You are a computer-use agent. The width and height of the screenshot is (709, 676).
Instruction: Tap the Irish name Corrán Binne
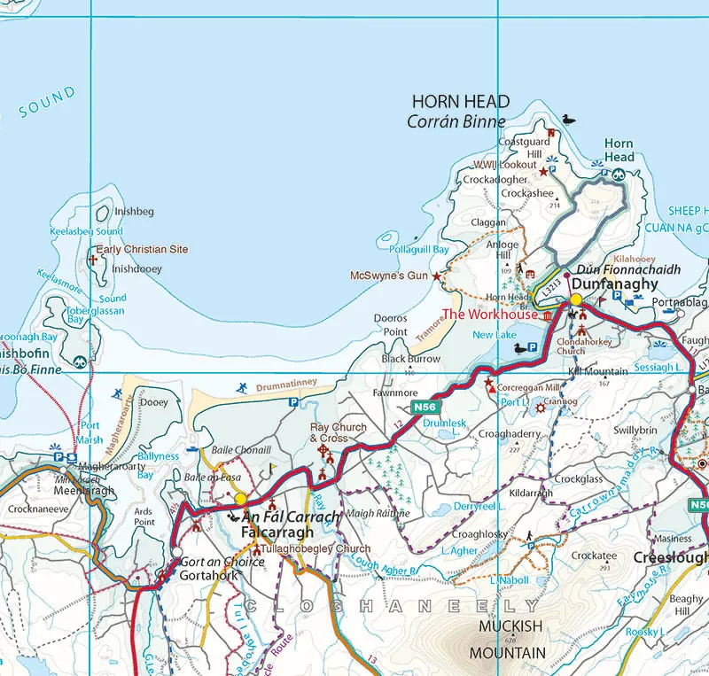[x=456, y=122]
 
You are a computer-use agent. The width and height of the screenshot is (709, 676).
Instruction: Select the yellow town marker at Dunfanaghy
[x=575, y=299]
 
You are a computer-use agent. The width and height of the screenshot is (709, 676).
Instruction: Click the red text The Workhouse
[x=489, y=315]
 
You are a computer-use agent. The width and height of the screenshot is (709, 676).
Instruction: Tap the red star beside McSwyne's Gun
[x=436, y=276]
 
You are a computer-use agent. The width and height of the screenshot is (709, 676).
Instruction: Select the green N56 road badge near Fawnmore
[x=424, y=407]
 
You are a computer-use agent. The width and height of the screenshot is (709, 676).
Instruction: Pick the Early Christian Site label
[x=142, y=250]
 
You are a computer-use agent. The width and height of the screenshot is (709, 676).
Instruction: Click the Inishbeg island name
[x=135, y=212]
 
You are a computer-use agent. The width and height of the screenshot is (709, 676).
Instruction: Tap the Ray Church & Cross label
[x=338, y=433]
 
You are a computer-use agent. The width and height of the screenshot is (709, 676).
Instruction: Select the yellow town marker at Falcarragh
[x=240, y=499]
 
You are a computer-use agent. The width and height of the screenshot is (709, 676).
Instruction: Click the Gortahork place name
[x=208, y=575]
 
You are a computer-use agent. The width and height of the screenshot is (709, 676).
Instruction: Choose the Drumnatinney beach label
[x=286, y=386]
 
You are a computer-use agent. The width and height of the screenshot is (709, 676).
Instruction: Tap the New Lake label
[x=495, y=335]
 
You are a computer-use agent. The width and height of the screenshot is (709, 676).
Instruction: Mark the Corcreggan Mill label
[x=528, y=387]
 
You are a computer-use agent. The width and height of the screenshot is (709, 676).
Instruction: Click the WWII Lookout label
[x=505, y=165]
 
